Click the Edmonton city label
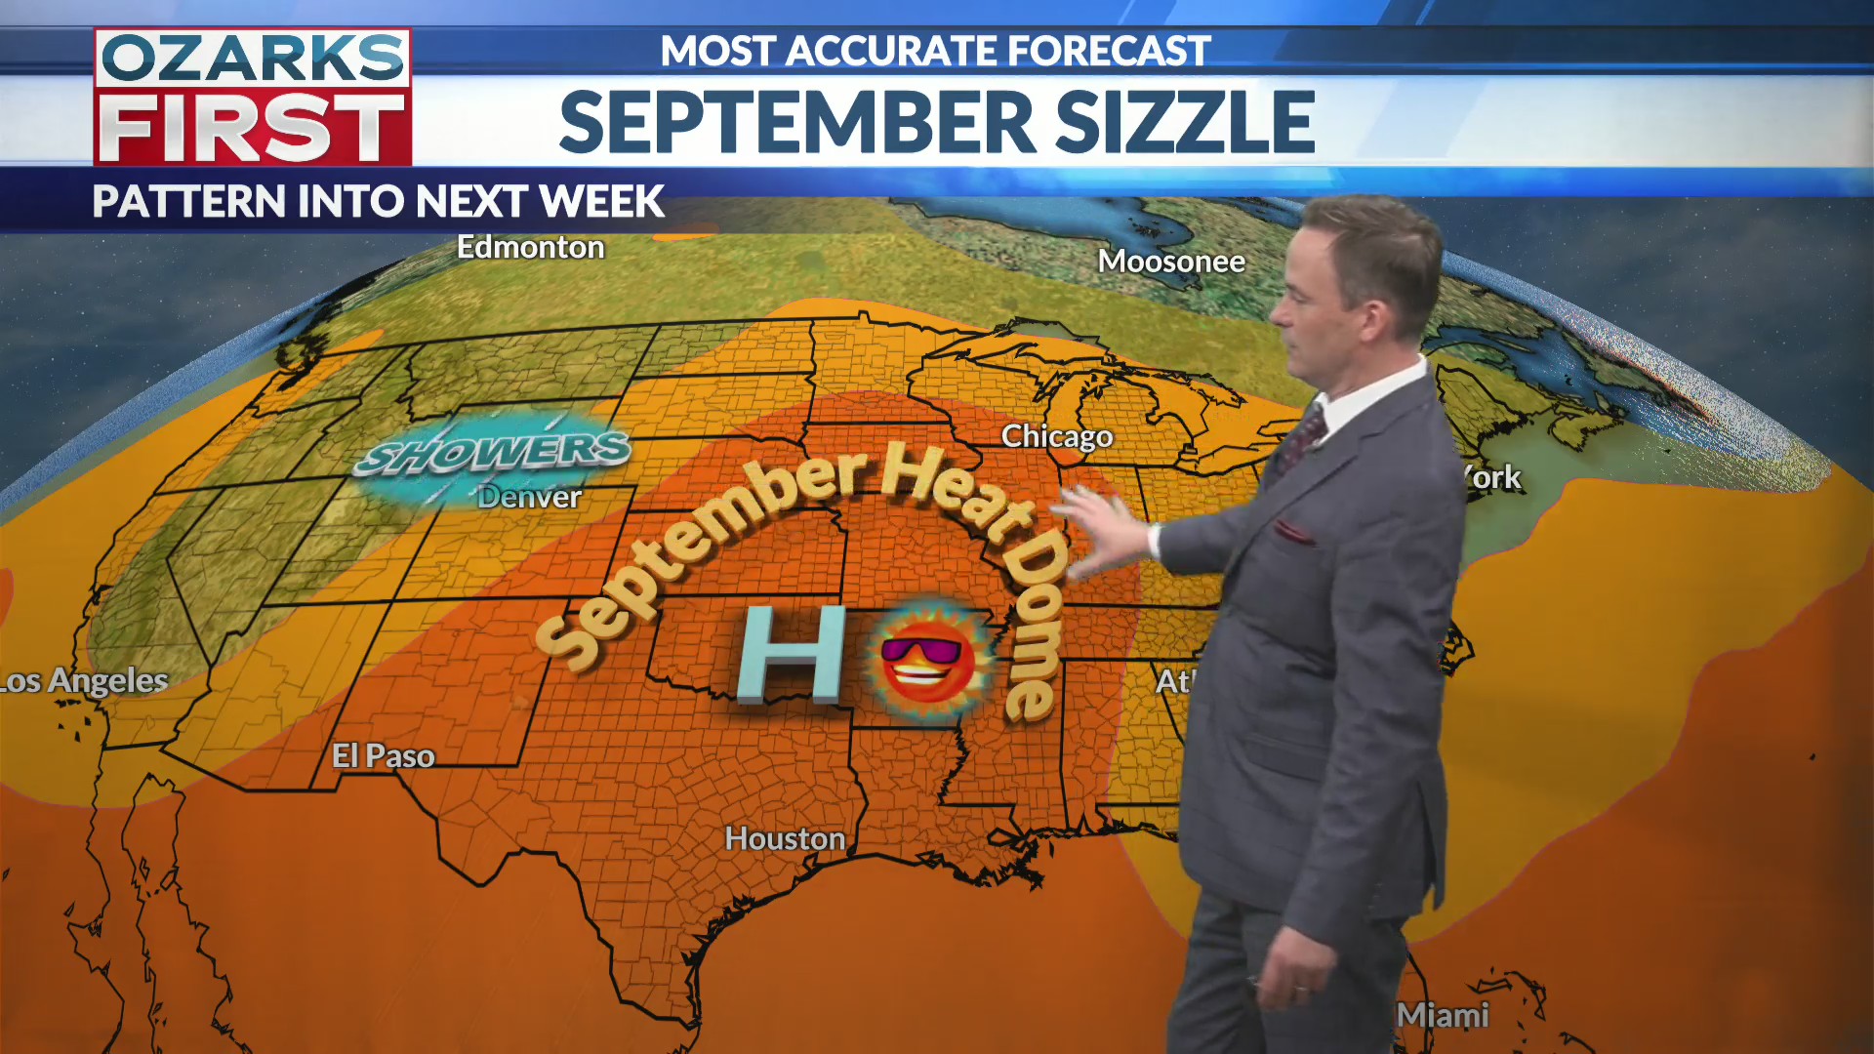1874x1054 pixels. click(x=530, y=248)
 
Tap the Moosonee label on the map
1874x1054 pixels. click(x=1170, y=262)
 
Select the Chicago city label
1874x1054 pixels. click(x=1056, y=436)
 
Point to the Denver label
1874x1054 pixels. click(x=529, y=497)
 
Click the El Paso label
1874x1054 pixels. click(x=383, y=755)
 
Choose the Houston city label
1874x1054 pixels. click(x=785, y=838)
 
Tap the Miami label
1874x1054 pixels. click(x=1442, y=1015)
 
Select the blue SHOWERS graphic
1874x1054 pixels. click(x=494, y=453)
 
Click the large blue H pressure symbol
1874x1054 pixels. click(x=792, y=654)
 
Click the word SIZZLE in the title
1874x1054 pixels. click(x=1185, y=123)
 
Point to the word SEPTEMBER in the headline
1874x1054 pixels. click(x=796, y=123)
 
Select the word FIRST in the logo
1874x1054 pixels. click(x=252, y=128)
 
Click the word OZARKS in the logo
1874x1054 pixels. click(x=252, y=59)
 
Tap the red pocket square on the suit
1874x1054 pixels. click(x=1293, y=532)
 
